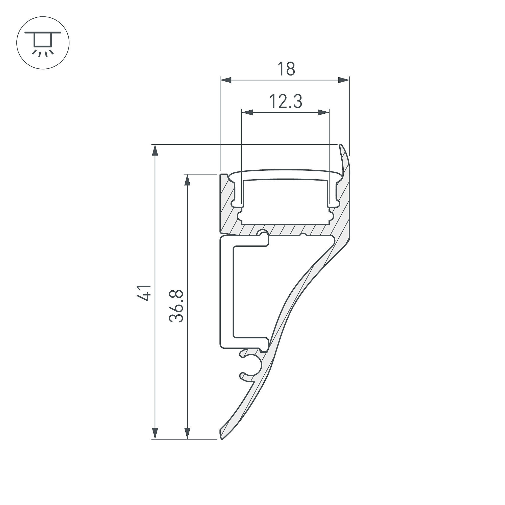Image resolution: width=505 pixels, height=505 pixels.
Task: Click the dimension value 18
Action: [x=286, y=69]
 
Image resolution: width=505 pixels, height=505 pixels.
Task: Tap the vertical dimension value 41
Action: [x=144, y=293]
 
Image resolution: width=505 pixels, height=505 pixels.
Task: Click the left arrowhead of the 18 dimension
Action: [x=226, y=80]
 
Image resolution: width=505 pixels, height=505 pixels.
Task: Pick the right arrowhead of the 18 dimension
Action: [x=344, y=80]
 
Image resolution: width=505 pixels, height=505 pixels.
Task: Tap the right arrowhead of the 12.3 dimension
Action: [x=323, y=113]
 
